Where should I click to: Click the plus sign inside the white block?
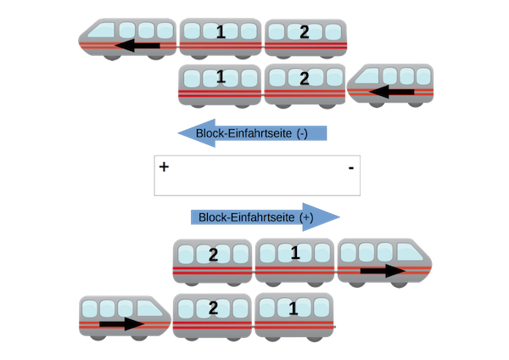click(164, 167)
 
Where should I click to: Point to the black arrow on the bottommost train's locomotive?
click(122, 323)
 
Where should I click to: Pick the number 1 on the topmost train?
click(221, 33)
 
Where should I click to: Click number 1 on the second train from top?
click(220, 78)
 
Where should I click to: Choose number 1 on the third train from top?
click(295, 254)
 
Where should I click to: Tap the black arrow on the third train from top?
click(384, 271)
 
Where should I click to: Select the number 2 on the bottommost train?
click(212, 308)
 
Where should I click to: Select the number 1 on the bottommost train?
click(295, 308)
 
